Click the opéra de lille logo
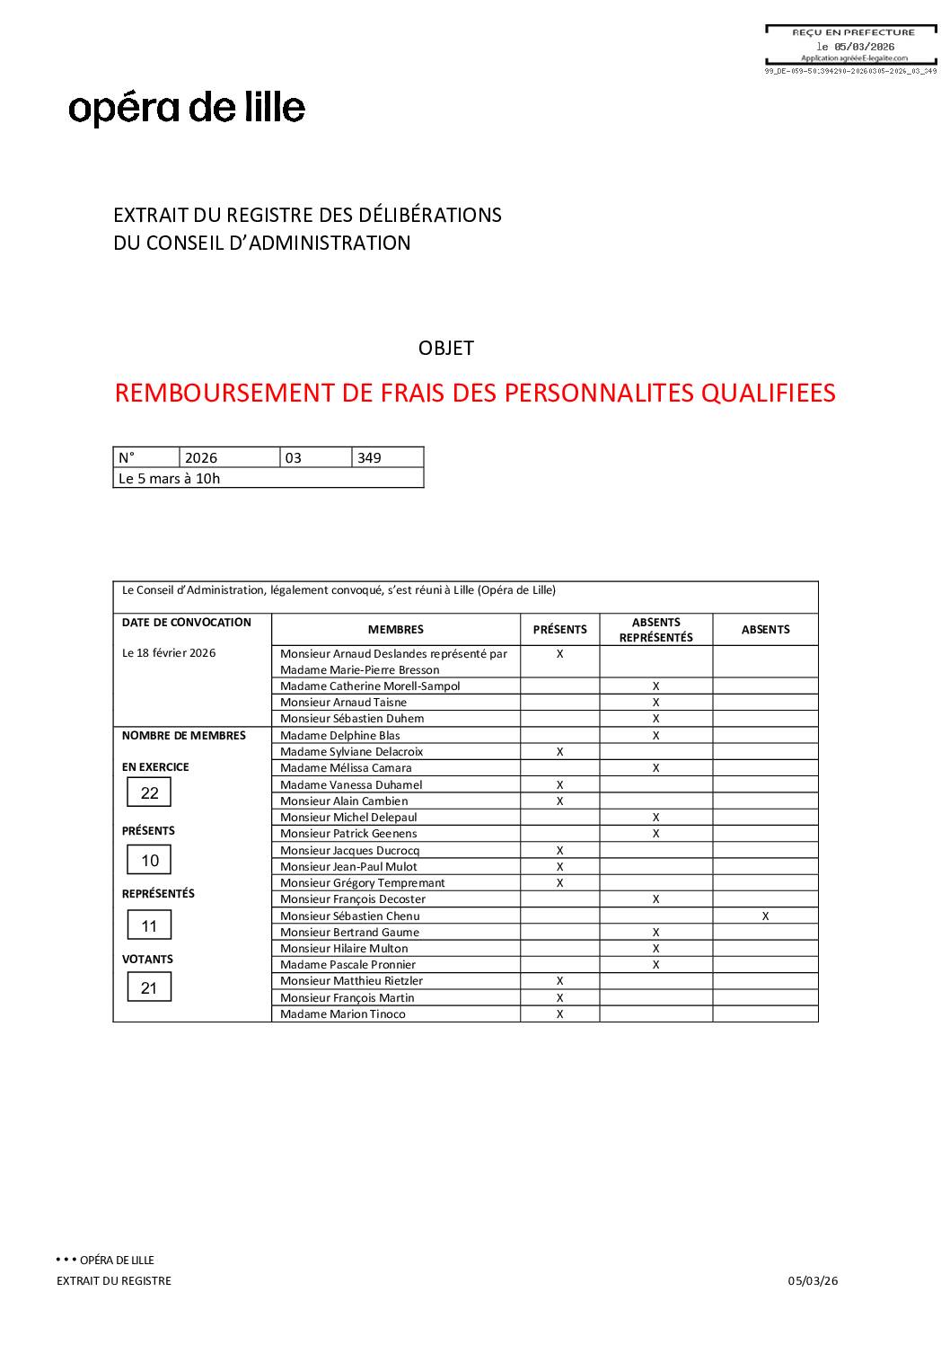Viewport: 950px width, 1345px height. tap(187, 108)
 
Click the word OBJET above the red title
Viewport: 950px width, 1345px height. tap(445, 349)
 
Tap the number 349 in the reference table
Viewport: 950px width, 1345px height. tap(369, 458)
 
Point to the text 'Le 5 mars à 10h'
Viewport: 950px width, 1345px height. tap(169, 479)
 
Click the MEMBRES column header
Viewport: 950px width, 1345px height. tap(395, 630)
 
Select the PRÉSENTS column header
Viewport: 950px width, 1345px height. tap(559, 630)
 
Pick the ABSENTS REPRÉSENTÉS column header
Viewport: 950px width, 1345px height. tap(655, 630)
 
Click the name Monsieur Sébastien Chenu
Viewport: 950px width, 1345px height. tap(349, 916)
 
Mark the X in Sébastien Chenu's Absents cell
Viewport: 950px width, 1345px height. tap(765, 916)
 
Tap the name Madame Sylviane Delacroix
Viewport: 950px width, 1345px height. tap(351, 752)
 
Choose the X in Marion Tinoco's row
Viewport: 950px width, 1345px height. tap(559, 1014)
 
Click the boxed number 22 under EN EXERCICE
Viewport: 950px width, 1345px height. tap(149, 793)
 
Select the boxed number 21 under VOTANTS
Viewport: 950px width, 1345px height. tap(149, 988)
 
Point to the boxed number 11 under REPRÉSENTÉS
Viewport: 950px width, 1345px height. tap(149, 926)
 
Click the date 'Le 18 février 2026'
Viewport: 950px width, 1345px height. tap(169, 653)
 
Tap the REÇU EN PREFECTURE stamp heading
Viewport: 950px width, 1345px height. tap(853, 32)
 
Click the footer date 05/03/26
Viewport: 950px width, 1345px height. tap(813, 1281)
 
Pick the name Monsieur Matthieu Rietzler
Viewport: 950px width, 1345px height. tap(351, 981)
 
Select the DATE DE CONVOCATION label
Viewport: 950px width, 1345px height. tap(186, 623)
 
